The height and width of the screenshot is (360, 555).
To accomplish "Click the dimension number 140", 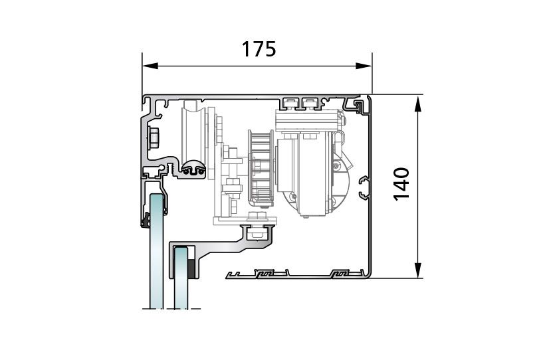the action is point(401,184).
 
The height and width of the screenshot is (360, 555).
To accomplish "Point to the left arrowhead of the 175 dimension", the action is point(150,66).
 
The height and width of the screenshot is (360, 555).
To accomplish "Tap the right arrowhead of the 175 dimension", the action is point(364,66).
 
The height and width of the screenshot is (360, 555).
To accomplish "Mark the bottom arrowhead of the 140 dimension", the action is point(418,270).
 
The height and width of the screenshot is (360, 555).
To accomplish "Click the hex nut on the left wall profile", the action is point(154,137).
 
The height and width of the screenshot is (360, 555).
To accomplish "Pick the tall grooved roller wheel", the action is point(193,134).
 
